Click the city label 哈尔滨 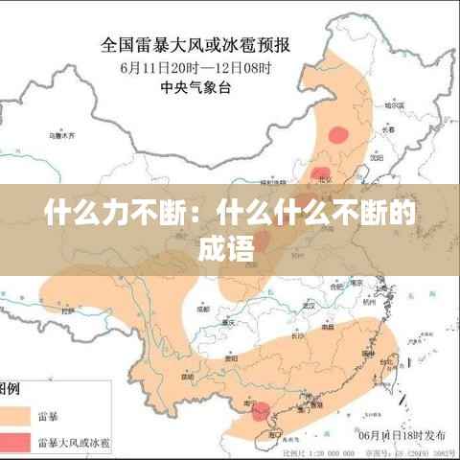394,105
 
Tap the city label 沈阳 376,154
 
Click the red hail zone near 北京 320,173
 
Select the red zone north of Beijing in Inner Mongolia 338,135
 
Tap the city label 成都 201,310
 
